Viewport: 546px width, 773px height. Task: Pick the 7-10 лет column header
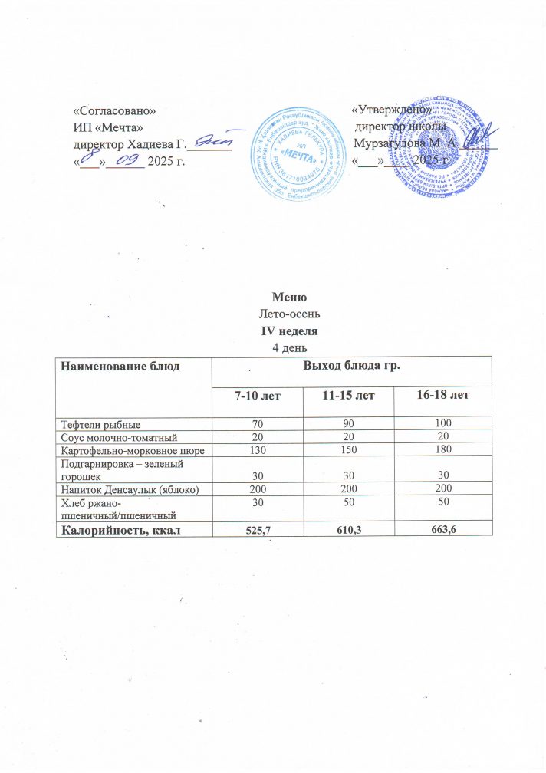(x=257, y=396)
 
